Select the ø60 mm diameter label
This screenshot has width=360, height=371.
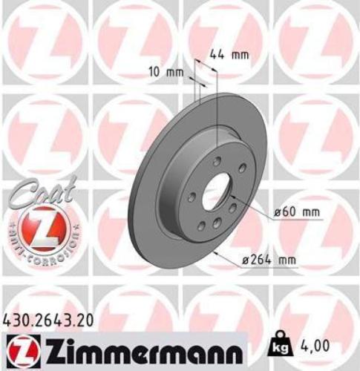(297, 212)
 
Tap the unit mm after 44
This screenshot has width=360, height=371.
(238, 53)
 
